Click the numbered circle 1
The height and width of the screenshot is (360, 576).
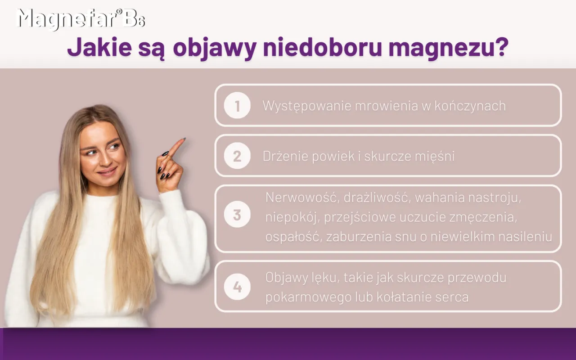(x=237, y=106)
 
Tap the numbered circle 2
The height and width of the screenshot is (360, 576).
(x=237, y=156)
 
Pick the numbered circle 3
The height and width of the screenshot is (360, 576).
(x=237, y=215)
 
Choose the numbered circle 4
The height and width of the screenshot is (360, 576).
(x=237, y=287)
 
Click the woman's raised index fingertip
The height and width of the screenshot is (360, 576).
(x=182, y=140)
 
